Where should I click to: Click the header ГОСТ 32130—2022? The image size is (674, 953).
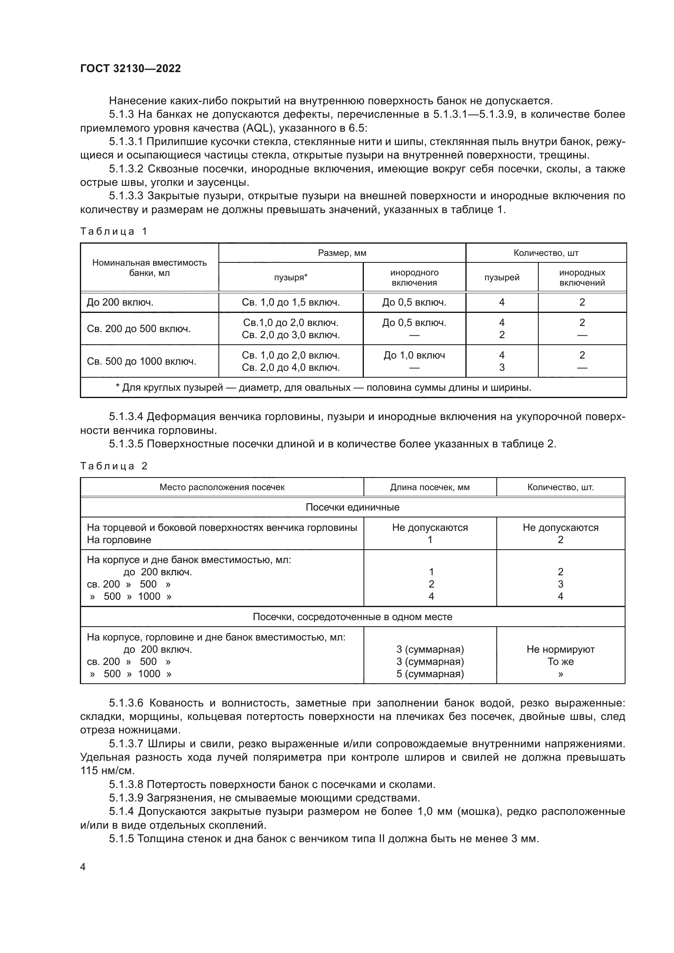pyautogui.click(x=130, y=68)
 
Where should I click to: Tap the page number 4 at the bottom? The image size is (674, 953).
pyautogui.click(x=83, y=867)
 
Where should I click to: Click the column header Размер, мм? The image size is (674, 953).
pyautogui.click(x=342, y=253)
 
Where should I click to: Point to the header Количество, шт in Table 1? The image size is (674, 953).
pyautogui.click(x=546, y=253)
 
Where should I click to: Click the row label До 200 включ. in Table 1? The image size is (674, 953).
pyautogui.click(x=120, y=303)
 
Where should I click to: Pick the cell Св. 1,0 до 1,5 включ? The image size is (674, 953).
pyautogui.click(x=291, y=303)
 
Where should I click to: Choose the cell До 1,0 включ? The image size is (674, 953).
pyautogui.click(x=414, y=355)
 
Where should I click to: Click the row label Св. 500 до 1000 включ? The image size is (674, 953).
pyautogui.click(x=141, y=361)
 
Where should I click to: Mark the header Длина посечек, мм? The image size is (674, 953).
pyautogui.click(x=430, y=487)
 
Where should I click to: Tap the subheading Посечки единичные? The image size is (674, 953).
pyautogui.click(x=352, y=507)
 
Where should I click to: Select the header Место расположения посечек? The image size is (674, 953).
pyautogui.click(x=222, y=487)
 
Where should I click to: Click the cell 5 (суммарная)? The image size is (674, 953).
pyautogui.click(x=430, y=673)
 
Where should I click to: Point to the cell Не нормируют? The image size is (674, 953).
pyautogui.click(x=560, y=649)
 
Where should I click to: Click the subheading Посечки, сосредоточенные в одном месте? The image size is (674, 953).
pyautogui.click(x=352, y=617)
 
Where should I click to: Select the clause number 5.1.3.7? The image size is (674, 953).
pyautogui.click(x=126, y=744)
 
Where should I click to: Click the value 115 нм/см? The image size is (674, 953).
pyautogui.click(x=107, y=771)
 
